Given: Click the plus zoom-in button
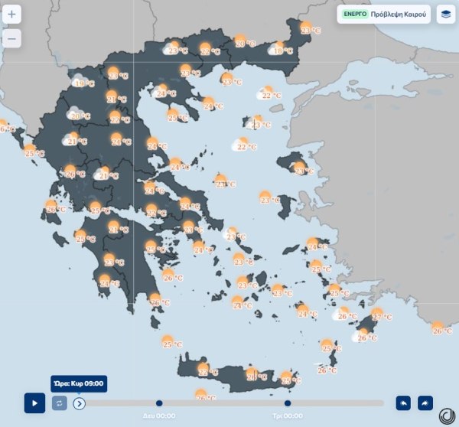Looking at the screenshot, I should (12, 15).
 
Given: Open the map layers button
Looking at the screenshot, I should (445, 15).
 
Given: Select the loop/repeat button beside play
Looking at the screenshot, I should (60, 403).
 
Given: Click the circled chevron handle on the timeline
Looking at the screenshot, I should (80, 403).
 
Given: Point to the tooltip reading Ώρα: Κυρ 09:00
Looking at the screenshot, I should (78, 383).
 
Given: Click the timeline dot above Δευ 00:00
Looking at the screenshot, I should (159, 403).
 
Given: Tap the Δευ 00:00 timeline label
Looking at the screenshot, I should (159, 416).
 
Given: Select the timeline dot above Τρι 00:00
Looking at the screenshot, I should (288, 403).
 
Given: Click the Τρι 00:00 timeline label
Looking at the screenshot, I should (288, 416).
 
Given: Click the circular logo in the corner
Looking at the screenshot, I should (448, 416).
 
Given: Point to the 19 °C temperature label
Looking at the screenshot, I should (86, 84).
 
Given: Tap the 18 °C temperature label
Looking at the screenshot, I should (283, 51).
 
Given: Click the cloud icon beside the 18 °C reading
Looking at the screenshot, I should (273, 51).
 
